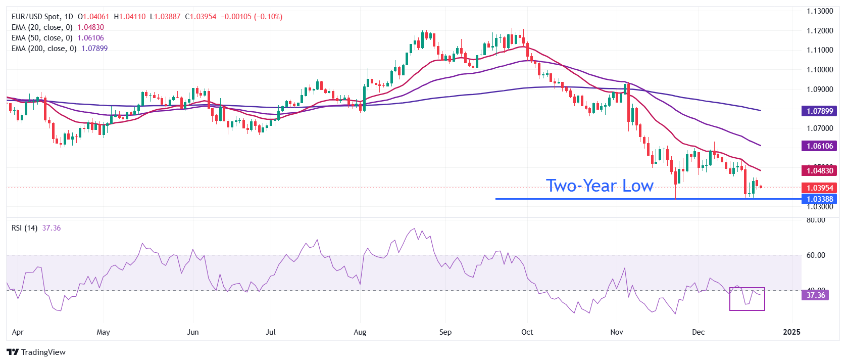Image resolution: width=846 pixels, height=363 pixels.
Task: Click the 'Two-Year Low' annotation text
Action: (x=600, y=186)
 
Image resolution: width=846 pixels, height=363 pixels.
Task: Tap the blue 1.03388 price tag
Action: (x=819, y=199)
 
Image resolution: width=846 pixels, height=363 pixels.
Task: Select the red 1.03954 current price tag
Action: (x=819, y=188)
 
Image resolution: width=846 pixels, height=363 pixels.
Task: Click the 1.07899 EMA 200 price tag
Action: (x=819, y=111)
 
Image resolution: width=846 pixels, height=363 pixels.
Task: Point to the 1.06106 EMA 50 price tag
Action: (x=819, y=146)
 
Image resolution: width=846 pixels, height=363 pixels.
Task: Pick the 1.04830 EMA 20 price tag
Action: (x=819, y=171)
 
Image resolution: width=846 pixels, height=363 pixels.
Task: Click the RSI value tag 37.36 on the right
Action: (x=815, y=295)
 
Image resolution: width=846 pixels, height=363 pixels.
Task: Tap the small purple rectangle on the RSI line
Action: (x=747, y=299)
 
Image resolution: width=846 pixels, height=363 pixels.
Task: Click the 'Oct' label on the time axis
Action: (x=527, y=332)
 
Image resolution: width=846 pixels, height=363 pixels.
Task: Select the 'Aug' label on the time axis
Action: (x=360, y=332)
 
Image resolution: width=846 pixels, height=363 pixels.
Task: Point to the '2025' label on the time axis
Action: (x=791, y=332)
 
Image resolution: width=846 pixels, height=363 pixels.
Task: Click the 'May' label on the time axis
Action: (x=103, y=332)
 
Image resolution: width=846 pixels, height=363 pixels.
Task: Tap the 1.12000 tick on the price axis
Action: (x=819, y=31)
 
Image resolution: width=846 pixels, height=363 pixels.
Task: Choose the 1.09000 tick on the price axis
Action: (x=819, y=89)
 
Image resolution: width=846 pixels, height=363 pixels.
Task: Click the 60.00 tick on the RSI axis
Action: (x=816, y=255)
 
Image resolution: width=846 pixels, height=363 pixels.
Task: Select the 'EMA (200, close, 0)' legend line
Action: (x=44, y=49)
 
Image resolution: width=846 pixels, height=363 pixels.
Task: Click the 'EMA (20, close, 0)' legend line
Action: (x=42, y=27)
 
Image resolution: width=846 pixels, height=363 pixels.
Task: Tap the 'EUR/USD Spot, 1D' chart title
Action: (x=42, y=17)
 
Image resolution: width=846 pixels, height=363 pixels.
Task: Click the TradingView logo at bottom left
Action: (x=36, y=352)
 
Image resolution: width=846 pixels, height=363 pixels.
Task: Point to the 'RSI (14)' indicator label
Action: (x=24, y=228)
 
